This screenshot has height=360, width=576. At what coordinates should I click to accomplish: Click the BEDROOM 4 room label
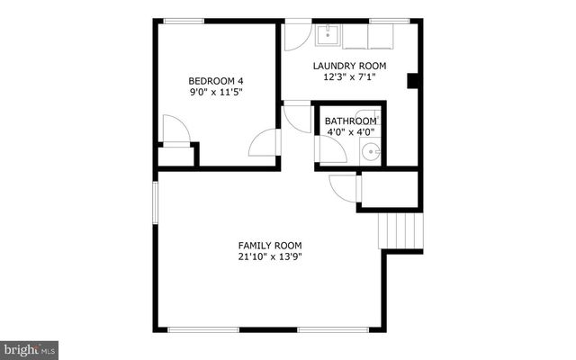coord(216,79)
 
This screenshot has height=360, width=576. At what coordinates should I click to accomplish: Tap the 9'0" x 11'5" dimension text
coord(216,92)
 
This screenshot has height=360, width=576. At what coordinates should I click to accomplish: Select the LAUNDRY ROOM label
coord(349,65)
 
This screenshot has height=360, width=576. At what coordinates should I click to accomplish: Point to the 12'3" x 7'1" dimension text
coord(349,77)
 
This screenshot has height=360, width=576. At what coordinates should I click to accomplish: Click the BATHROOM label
coord(350,121)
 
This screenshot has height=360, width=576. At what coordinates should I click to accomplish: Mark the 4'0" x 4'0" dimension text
coord(349,133)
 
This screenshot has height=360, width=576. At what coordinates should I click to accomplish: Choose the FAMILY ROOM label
coord(270,245)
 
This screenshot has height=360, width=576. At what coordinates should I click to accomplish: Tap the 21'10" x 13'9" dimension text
coord(270,257)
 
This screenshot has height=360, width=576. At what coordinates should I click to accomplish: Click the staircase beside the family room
coord(400,231)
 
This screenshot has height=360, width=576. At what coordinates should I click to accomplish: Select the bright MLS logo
coord(30,347)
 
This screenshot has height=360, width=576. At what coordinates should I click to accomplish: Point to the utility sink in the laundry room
coord(327,34)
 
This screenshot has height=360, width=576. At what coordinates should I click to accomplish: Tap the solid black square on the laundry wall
coord(414,82)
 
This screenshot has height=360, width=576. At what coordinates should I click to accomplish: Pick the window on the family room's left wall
coord(155,212)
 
